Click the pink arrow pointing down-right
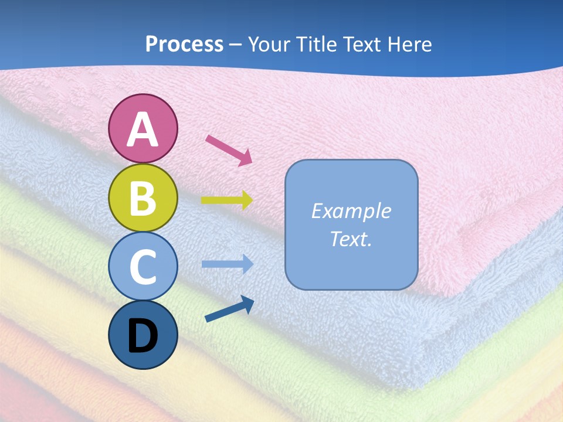tap(229, 150)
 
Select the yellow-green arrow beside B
tap(228, 200)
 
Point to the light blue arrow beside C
tap(228, 264)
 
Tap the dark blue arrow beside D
tap(229, 309)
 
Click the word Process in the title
tap(184, 44)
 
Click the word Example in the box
tap(351, 211)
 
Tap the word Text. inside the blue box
tap(351, 239)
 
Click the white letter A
tap(143, 130)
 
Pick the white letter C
tap(143, 267)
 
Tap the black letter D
tap(143, 336)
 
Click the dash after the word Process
tap(236, 45)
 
